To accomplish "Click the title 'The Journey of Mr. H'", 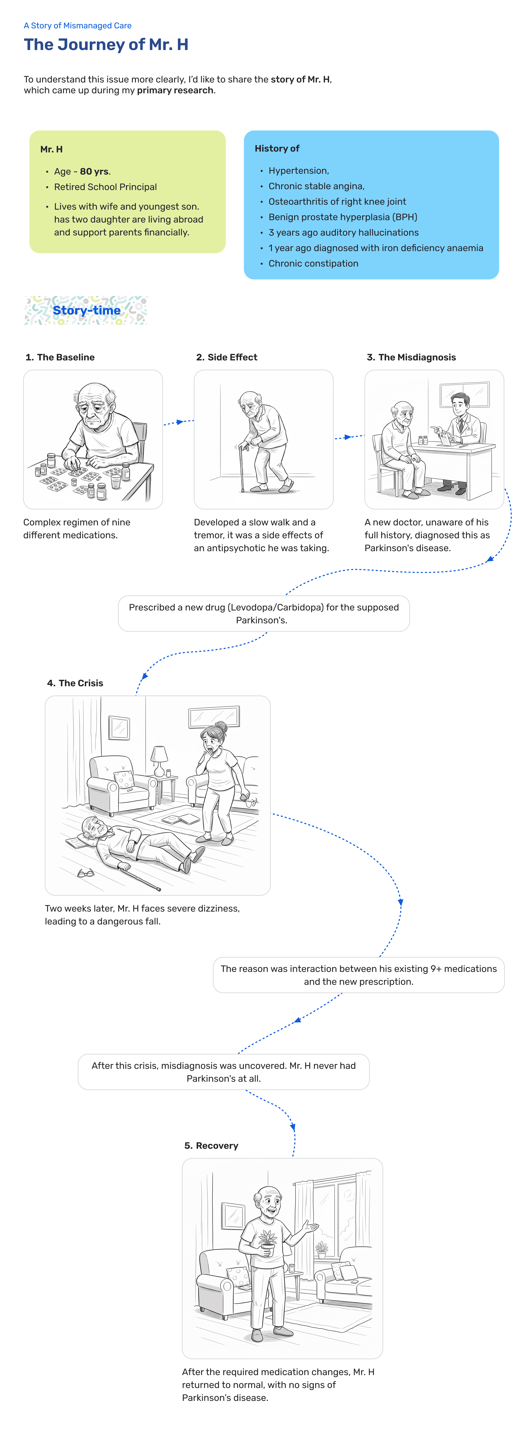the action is click(106, 45).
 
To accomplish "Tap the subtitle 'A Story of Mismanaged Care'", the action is click(77, 25).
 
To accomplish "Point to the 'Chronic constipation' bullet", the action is click(313, 264).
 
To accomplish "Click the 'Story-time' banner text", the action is click(86, 310).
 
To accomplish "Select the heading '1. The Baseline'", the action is click(60, 357).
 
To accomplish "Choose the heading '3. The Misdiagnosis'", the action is click(411, 357).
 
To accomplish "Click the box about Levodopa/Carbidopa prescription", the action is click(264, 614).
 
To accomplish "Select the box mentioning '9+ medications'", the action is click(359, 975).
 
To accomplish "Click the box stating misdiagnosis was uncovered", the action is click(224, 1072).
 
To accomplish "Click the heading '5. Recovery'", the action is click(211, 1146).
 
